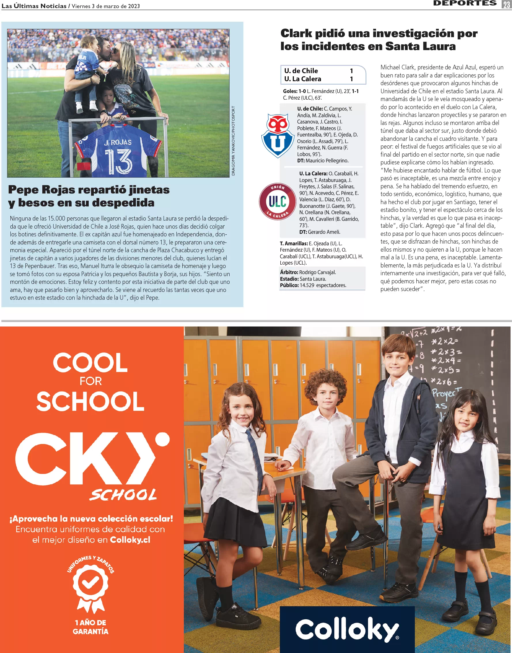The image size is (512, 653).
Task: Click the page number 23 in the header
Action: click(x=507, y=4)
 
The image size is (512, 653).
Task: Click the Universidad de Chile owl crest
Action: click(x=277, y=135)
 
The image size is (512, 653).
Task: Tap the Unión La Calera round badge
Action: click(x=277, y=201)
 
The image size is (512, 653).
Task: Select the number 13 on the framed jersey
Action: click(x=118, y=162)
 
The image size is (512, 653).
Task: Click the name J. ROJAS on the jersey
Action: click(x=118, y=143)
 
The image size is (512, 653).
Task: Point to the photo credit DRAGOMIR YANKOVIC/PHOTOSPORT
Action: click(x=233, y=141)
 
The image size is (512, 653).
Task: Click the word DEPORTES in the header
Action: click(x=465, y=3)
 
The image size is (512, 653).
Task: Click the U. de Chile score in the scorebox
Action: click(x=351, y=71)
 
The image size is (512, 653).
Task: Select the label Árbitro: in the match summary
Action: click(x=289, y=272)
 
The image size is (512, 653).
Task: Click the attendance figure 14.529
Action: click(x=307, y=285)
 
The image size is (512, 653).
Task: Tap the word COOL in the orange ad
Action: click(x=90, y=363)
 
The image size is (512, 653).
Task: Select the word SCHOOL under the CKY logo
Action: click(x=123, y=495)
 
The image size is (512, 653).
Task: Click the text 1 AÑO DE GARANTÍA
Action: click(x=90, y=627)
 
